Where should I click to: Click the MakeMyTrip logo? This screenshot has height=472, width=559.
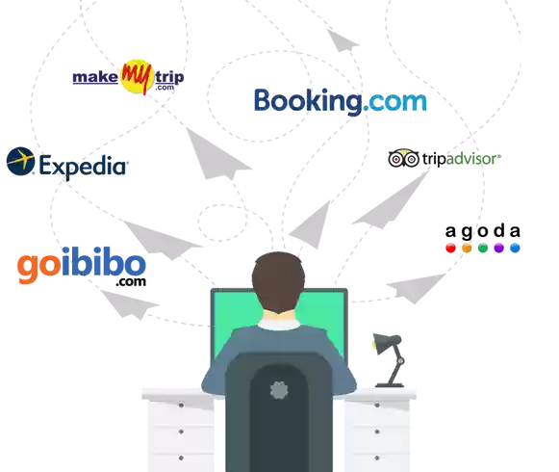[x=128, y=77]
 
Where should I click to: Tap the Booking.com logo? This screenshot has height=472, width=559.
[x=340, y=102]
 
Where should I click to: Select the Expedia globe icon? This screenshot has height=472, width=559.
[x=20, y=162]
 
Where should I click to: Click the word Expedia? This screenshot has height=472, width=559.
[x=83, y=167]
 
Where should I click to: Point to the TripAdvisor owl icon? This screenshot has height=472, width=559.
[x=403, y=158]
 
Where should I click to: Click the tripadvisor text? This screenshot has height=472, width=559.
[x=461, y=159]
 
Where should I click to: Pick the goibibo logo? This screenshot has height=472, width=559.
[x=82, y=266]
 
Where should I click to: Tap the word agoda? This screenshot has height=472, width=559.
[x=483, y=231]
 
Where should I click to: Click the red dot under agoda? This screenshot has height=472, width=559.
[x=450, y=248]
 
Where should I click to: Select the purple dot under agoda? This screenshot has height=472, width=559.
[x=498, y=248]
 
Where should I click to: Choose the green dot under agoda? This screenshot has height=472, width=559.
[x=483, y=248]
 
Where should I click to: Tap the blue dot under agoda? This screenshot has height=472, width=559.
[x=515, y=248]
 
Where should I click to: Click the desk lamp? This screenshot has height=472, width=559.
[x=389, y=360]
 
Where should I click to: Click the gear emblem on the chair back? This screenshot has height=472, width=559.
[x=279, y=390]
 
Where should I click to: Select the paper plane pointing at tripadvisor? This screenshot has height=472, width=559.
[x=391, y=200]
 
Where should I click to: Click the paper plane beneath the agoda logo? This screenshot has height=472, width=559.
[x=416, y=288]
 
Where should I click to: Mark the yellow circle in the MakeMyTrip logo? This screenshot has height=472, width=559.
[x=138, y=76]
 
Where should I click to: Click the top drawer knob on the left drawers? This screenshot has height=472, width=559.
[x=181, y=406]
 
